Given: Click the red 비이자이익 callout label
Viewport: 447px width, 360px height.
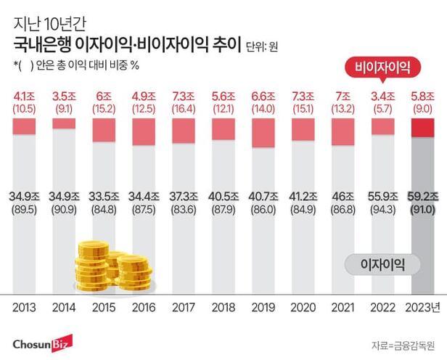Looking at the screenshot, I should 382,68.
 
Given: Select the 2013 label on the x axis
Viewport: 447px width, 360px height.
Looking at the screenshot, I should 26,306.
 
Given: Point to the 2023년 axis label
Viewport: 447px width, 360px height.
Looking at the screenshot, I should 424,306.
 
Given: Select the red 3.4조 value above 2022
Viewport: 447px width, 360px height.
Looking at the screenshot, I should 384,94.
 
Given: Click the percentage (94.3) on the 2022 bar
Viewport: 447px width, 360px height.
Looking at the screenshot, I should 384,209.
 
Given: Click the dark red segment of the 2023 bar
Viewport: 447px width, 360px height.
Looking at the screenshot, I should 423,128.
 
